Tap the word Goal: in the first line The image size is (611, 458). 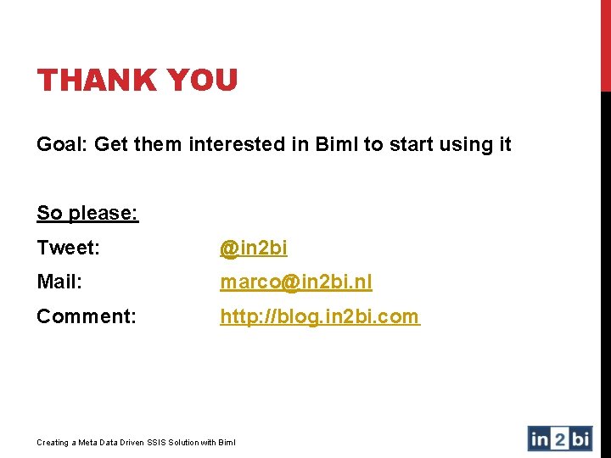62,145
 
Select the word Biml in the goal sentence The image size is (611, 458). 337,145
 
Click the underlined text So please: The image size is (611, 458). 87,213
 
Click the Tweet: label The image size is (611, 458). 69,248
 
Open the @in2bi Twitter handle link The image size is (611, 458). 254,248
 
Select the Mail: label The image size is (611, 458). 59,282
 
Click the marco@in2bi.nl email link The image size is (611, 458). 296,282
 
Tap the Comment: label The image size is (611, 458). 86,316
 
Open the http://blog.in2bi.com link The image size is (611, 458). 319,316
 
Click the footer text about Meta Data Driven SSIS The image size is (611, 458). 137,442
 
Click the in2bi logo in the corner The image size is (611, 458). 560,438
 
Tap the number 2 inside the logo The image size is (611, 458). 561,438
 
